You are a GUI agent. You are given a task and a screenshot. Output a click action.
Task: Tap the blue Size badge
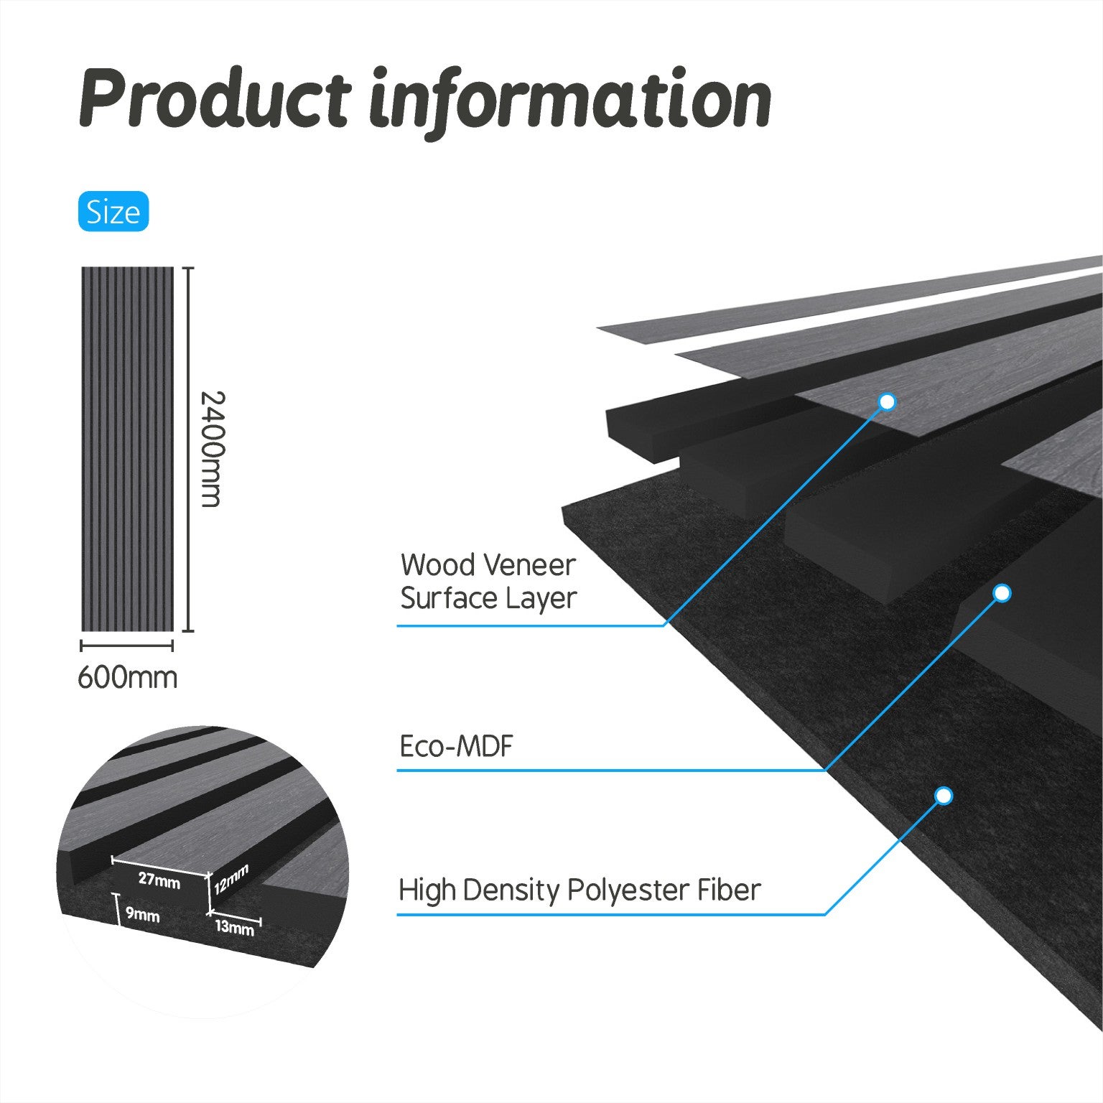113,212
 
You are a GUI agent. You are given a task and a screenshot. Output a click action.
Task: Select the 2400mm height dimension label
211,449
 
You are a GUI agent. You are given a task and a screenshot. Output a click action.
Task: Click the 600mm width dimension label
127,677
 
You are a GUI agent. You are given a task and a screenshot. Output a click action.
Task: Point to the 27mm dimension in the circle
159,879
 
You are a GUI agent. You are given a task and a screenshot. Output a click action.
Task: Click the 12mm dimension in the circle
231,879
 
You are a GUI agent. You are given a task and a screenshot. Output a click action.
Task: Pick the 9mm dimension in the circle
142,915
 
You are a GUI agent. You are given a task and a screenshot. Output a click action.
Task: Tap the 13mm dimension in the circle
234,927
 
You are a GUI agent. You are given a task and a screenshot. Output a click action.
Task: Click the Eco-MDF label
457,747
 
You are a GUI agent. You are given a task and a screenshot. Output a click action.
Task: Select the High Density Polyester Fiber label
580,890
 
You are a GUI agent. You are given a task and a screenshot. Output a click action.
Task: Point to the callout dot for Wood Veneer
888,401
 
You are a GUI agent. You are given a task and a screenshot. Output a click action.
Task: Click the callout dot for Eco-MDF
1002,593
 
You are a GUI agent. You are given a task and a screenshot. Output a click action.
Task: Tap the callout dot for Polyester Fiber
944,796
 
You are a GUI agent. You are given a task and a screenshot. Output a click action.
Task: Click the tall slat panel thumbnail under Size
128,449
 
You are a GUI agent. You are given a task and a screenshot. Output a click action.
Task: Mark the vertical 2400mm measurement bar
188,450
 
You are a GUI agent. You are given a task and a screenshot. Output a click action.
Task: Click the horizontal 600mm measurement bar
127,646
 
